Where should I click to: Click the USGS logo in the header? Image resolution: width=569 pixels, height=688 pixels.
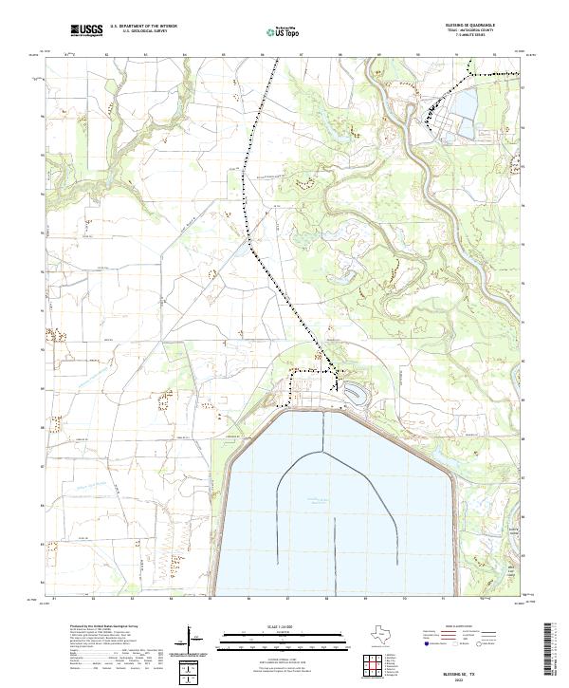coord(86,30)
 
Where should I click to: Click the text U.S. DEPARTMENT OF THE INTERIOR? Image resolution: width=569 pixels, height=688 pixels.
coord(143,27)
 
